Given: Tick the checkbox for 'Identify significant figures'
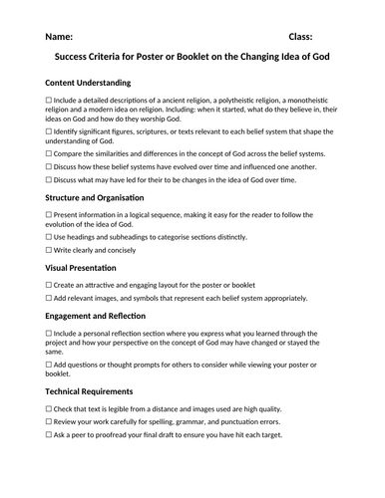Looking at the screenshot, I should coord(49,132).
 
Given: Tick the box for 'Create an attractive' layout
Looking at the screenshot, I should coord(49,286).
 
